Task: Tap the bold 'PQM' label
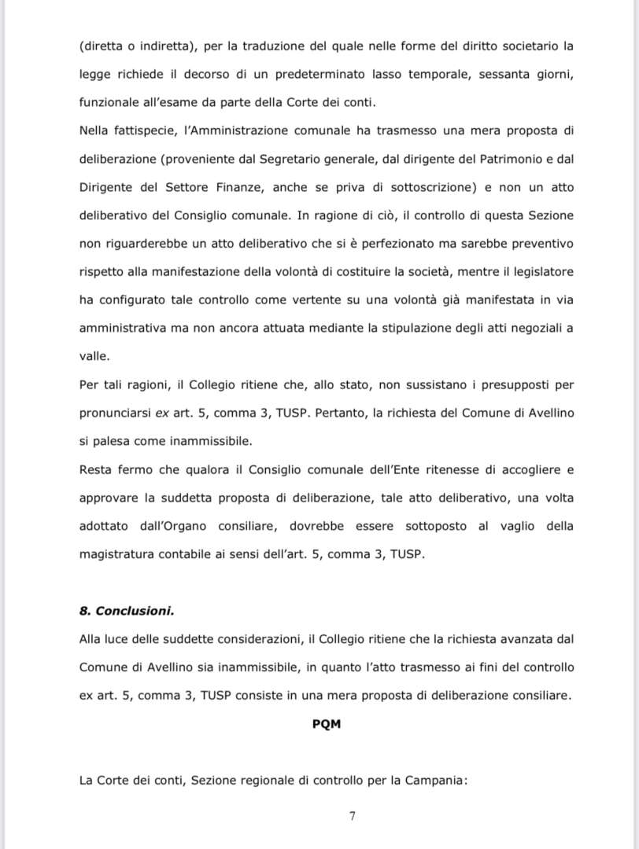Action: coord(327,724)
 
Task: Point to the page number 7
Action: coord(353,816)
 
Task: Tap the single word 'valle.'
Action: coord(94,355)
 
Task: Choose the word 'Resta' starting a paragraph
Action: coord(95,469)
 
